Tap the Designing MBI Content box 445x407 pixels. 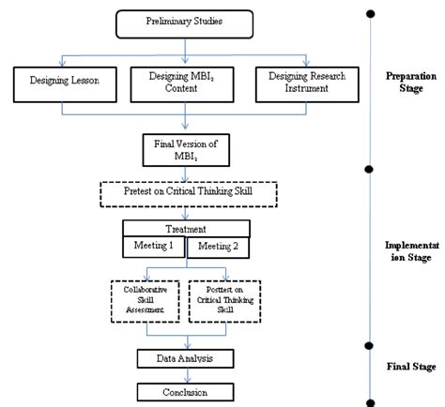[186, 85]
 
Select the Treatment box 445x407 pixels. [186, 228]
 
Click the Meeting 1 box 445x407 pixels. [154, 246]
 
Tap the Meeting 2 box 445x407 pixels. [219, 246]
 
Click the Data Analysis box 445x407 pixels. [186, 358]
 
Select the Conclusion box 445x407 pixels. [186, 392]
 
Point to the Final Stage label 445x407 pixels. [409, 367]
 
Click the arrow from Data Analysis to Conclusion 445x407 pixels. [186, 375]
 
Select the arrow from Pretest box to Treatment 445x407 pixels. [186, 212]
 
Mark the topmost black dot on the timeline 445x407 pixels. [371, 14]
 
